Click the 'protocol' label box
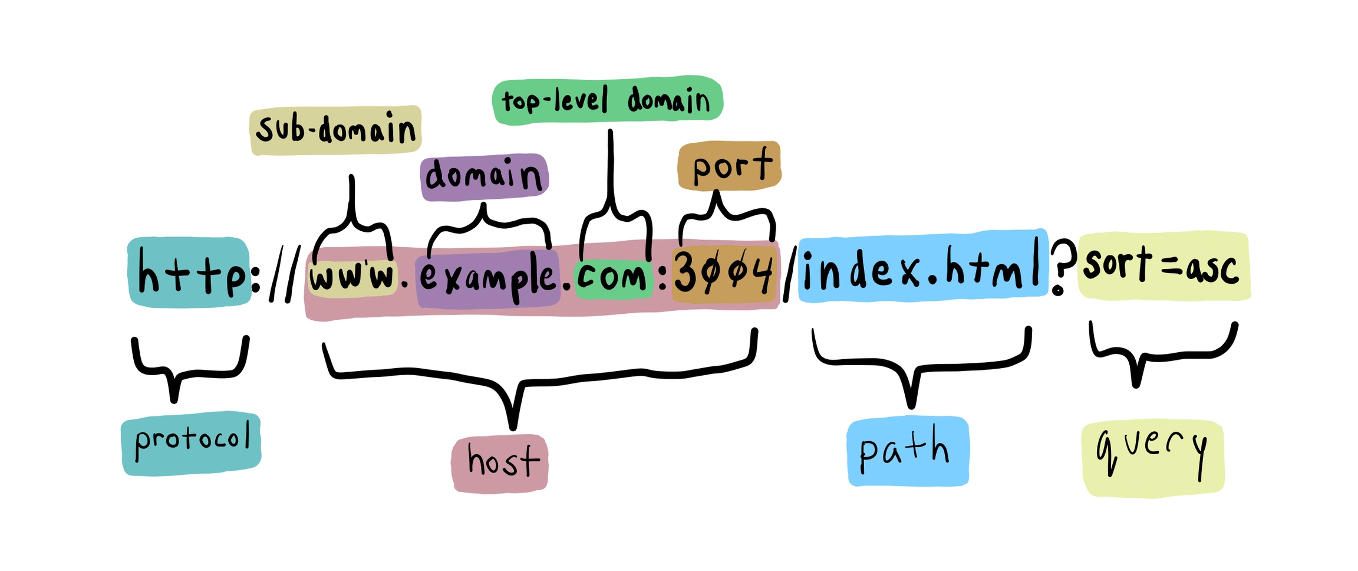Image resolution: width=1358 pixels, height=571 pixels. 191,442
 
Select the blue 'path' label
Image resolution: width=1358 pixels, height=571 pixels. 907,451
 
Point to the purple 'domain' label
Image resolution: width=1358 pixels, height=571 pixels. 484,176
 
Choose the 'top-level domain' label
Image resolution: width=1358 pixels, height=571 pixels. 607,100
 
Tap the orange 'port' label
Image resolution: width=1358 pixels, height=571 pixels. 730,166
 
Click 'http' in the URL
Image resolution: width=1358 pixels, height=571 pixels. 189,273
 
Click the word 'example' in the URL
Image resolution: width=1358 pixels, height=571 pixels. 487,278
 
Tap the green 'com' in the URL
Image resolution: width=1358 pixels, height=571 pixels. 613,277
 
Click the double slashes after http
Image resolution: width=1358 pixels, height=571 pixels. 283,274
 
